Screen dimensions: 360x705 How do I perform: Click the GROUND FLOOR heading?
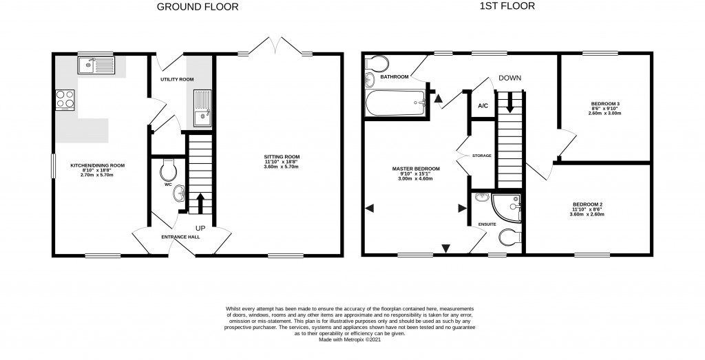point(198,8)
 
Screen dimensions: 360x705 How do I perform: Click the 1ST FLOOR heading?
point(507,7)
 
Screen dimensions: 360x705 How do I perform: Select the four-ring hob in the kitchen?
point(64,100)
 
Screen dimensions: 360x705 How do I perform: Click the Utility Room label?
point(177,80)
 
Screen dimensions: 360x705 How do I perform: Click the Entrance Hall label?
point(180,237)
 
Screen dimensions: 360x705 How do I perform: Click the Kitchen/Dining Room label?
point(98,165)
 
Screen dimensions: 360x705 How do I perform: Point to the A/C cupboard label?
point(483,106)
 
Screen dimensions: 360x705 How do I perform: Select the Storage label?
point(481,156)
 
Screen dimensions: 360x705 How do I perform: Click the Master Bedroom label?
point(416,169)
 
